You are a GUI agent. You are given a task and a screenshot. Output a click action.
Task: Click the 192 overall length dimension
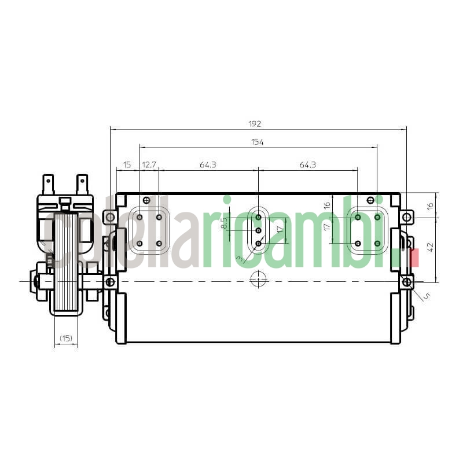255,123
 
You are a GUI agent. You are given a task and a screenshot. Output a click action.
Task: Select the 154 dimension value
258,142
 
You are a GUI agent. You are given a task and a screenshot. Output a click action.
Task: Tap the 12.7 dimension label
149,165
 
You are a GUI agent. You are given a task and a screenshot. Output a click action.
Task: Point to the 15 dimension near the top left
127,165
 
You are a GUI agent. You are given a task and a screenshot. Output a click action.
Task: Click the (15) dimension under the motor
66,338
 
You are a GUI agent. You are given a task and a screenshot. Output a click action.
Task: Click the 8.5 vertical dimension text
224,223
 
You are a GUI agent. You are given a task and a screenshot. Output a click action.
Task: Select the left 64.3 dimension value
208,165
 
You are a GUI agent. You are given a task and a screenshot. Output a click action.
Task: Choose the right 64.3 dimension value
308,165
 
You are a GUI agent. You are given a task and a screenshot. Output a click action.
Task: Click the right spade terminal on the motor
82,184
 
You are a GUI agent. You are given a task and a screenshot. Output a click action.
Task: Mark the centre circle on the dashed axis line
258,281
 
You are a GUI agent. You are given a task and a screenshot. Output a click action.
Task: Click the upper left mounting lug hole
109,218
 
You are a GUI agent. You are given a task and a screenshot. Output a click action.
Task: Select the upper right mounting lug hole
407,218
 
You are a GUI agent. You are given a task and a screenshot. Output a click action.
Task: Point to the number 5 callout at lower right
427,296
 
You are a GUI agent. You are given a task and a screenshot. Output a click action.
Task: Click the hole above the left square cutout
146,201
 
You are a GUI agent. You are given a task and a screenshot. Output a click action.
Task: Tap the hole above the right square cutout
370,201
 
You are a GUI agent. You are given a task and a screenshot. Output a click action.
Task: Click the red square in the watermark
413,258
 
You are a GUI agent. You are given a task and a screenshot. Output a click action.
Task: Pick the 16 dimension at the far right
429,205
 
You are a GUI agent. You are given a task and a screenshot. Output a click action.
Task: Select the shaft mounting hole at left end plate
109,282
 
